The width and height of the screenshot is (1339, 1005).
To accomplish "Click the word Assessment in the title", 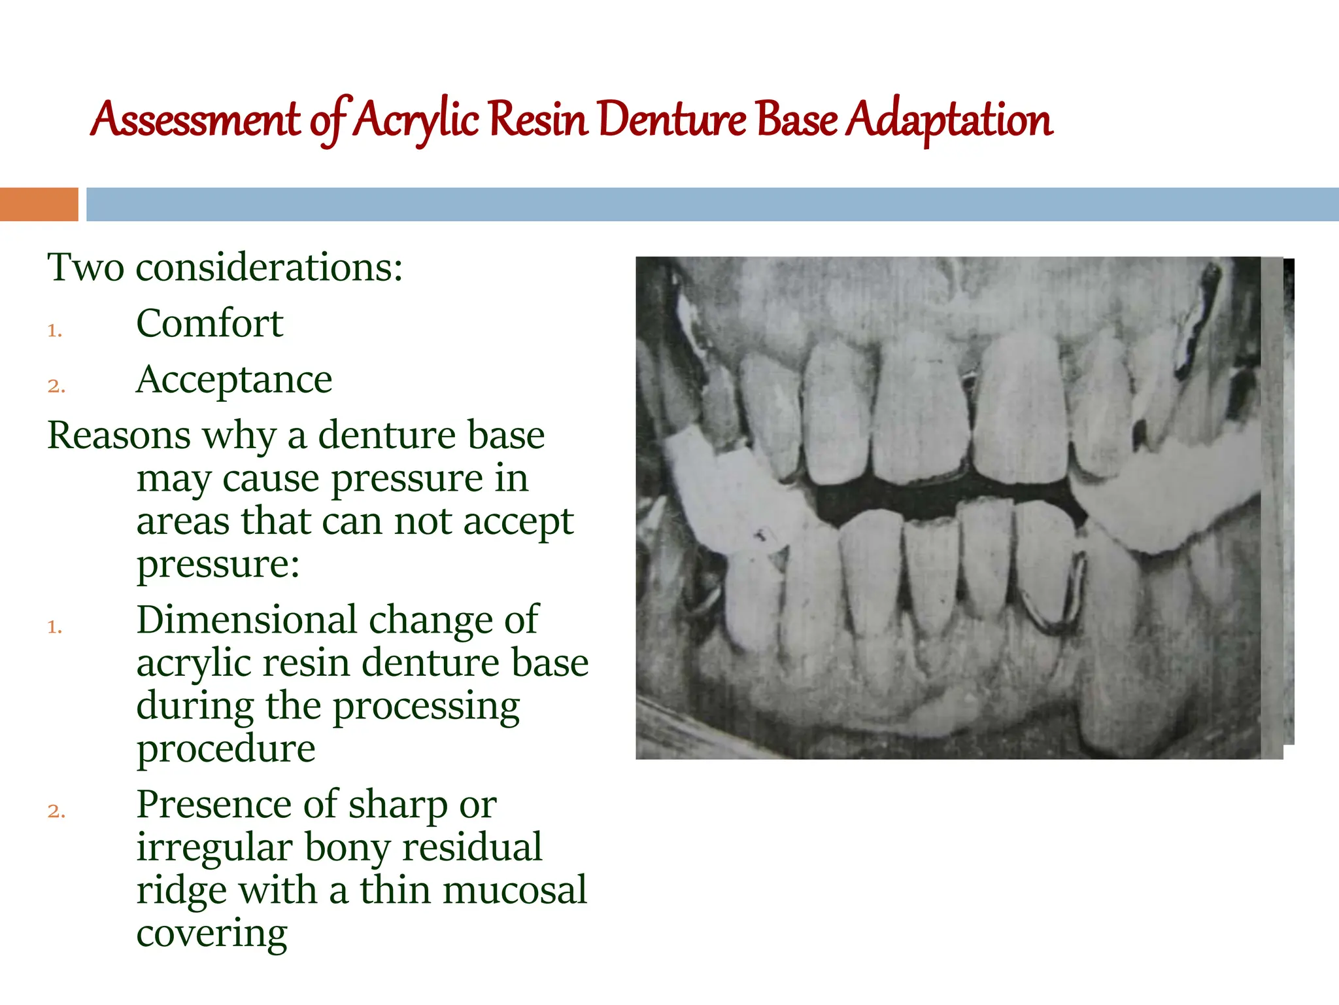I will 195,120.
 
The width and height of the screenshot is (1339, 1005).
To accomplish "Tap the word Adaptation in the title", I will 949,120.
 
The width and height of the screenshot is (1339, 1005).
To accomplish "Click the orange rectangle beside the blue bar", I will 39,204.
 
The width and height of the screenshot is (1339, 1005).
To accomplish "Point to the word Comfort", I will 209,323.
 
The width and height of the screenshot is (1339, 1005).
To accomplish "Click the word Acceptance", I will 234,379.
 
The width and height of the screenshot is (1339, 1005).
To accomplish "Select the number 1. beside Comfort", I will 55,330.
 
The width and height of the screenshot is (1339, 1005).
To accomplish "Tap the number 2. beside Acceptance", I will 56,386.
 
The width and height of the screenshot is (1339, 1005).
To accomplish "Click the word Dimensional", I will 247,620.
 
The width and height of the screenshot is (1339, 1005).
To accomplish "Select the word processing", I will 426,707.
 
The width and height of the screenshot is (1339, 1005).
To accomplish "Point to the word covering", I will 212,933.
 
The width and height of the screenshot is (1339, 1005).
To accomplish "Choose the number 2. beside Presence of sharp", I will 56,811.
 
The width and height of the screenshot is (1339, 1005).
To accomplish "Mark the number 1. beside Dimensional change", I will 55,627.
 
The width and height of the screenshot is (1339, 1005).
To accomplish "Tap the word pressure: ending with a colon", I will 218,564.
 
